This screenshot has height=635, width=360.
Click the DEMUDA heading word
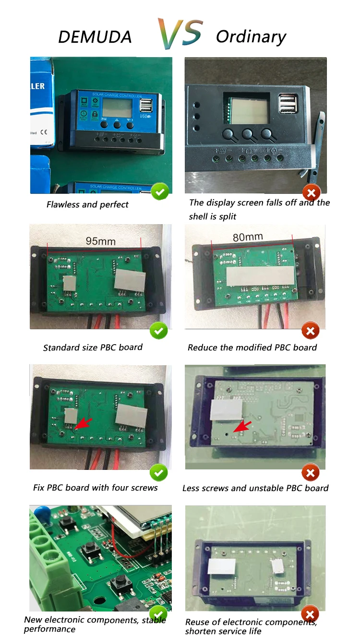pyautogui.click(x=95, y=37)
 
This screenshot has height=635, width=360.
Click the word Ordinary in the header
pyautogui.click(x=251, y=36)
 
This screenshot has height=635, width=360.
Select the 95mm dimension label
pyautogui.click(x=100, y=240)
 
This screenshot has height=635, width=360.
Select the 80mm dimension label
pyautogui.click(x=248, y=237)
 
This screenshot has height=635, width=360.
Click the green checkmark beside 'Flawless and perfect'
pyautogui.click(x=159, y=192)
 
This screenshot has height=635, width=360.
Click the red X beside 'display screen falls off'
pyautogui.click(x=311, y=193)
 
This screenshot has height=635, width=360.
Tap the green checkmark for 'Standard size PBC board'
pyautogui.click(x=158, y=331)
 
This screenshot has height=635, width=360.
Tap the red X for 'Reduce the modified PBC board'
pyautogui.click(x=310, y=331)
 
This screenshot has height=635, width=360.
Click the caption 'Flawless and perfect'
pyautogui.click(x=87, y=204)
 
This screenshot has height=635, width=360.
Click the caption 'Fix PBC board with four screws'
pyautogui.click(x=95, y=488)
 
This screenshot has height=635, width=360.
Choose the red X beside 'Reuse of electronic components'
pyautogui.click(x=310, y=614)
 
